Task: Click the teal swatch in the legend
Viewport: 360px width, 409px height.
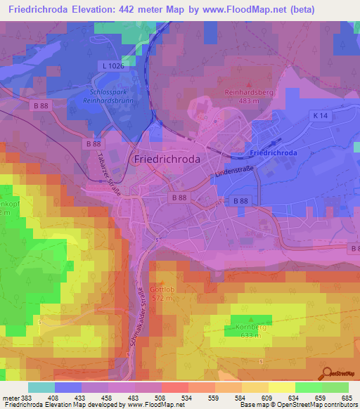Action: (x=41, y=387)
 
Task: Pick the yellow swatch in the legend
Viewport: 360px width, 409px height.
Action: (x=281, y=387)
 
